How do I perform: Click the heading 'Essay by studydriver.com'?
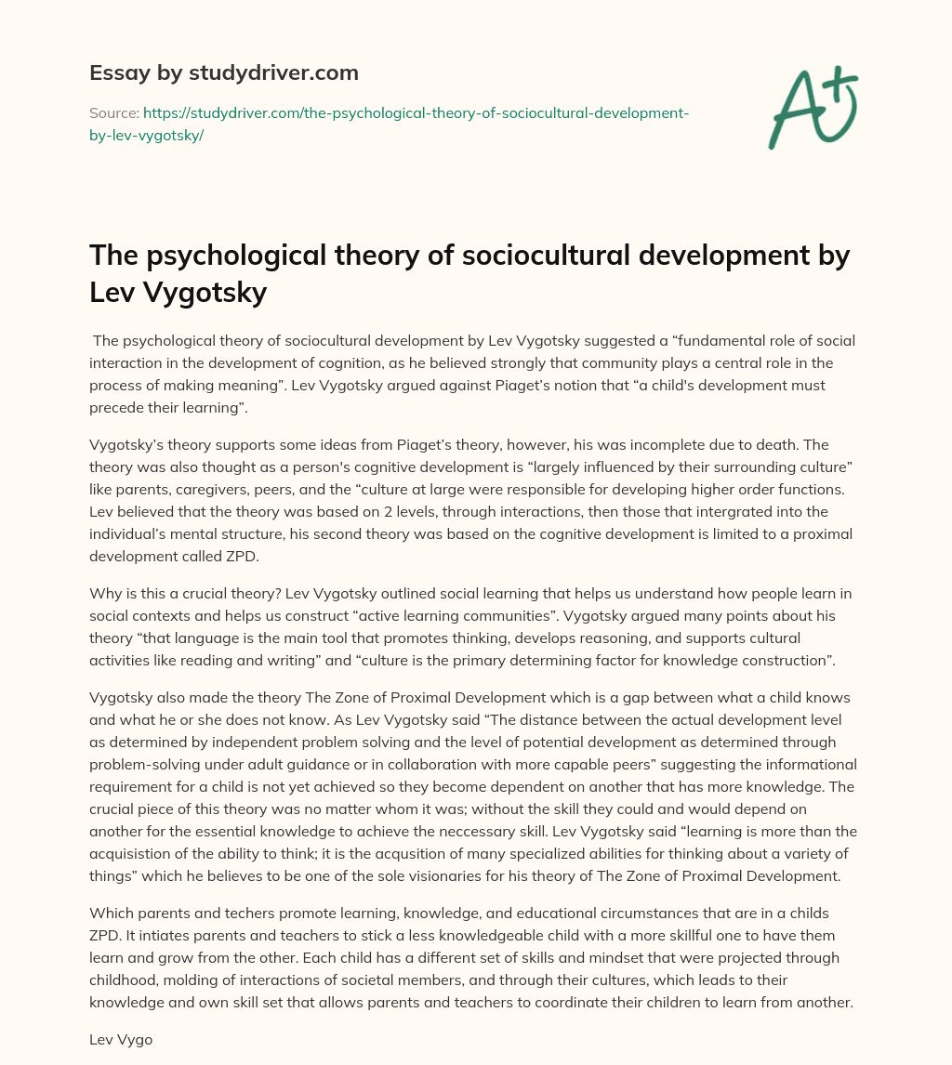click(x=224, y=72)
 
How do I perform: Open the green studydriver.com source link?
click(x=414, y=112)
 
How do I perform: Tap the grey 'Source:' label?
click(x=113, y=112)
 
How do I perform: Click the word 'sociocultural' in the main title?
click(x=434, y=255)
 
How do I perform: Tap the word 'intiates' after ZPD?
click(x=149, y=936)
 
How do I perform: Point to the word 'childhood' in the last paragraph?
click(x=131, y=980)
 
